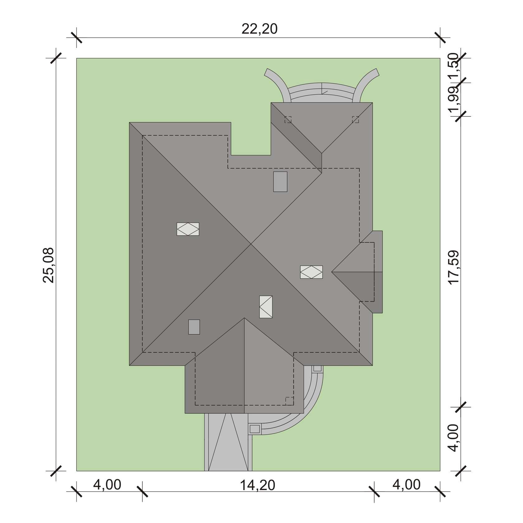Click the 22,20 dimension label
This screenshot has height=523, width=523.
(259, 29)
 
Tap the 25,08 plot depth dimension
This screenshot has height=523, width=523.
(49, 265)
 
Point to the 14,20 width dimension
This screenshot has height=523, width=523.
(258, 485)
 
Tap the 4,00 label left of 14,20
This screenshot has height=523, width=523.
(107, 485)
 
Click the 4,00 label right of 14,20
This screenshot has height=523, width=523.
(407, 485)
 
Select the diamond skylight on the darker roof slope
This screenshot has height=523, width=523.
(188, 229)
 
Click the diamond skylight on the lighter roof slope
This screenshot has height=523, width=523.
(311, 272)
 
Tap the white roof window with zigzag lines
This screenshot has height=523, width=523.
(266, 307)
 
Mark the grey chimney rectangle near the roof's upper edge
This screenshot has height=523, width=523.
(280, 181)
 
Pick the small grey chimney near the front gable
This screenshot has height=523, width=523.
(194, 327)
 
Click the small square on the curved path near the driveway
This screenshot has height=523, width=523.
(255, 429)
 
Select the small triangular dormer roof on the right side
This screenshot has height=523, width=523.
(357, 272)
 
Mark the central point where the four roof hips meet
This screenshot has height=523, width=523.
(251, 244)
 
